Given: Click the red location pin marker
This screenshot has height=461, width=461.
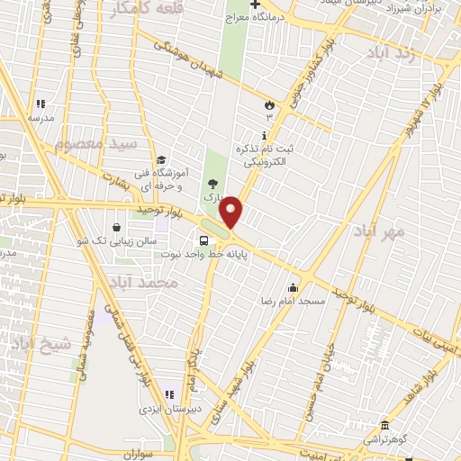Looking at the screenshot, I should click(231, 212).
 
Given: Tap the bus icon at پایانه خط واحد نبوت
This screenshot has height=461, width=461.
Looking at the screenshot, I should click(204, 240).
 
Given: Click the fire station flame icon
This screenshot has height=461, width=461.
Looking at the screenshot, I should click(267, 105).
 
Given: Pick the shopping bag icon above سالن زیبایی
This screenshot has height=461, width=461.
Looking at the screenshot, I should click(118, 227).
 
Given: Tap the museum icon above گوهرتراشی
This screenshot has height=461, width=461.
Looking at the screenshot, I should click(384, 424).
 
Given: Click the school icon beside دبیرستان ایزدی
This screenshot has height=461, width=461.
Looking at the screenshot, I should click(169, 394).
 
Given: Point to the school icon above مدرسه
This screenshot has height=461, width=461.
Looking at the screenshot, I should click(40, 104).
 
